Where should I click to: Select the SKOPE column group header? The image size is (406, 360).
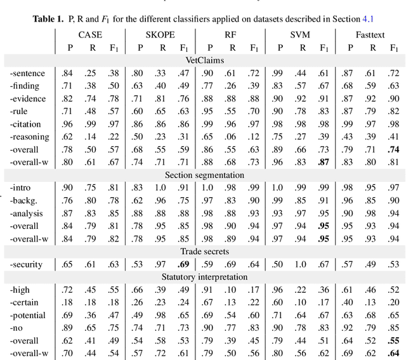(160, 33)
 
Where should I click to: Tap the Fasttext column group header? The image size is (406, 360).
(372, 33)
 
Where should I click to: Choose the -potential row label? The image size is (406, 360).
(27, 315)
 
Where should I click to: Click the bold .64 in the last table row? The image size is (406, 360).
(393, 353)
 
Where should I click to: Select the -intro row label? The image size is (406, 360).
(21, 188)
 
